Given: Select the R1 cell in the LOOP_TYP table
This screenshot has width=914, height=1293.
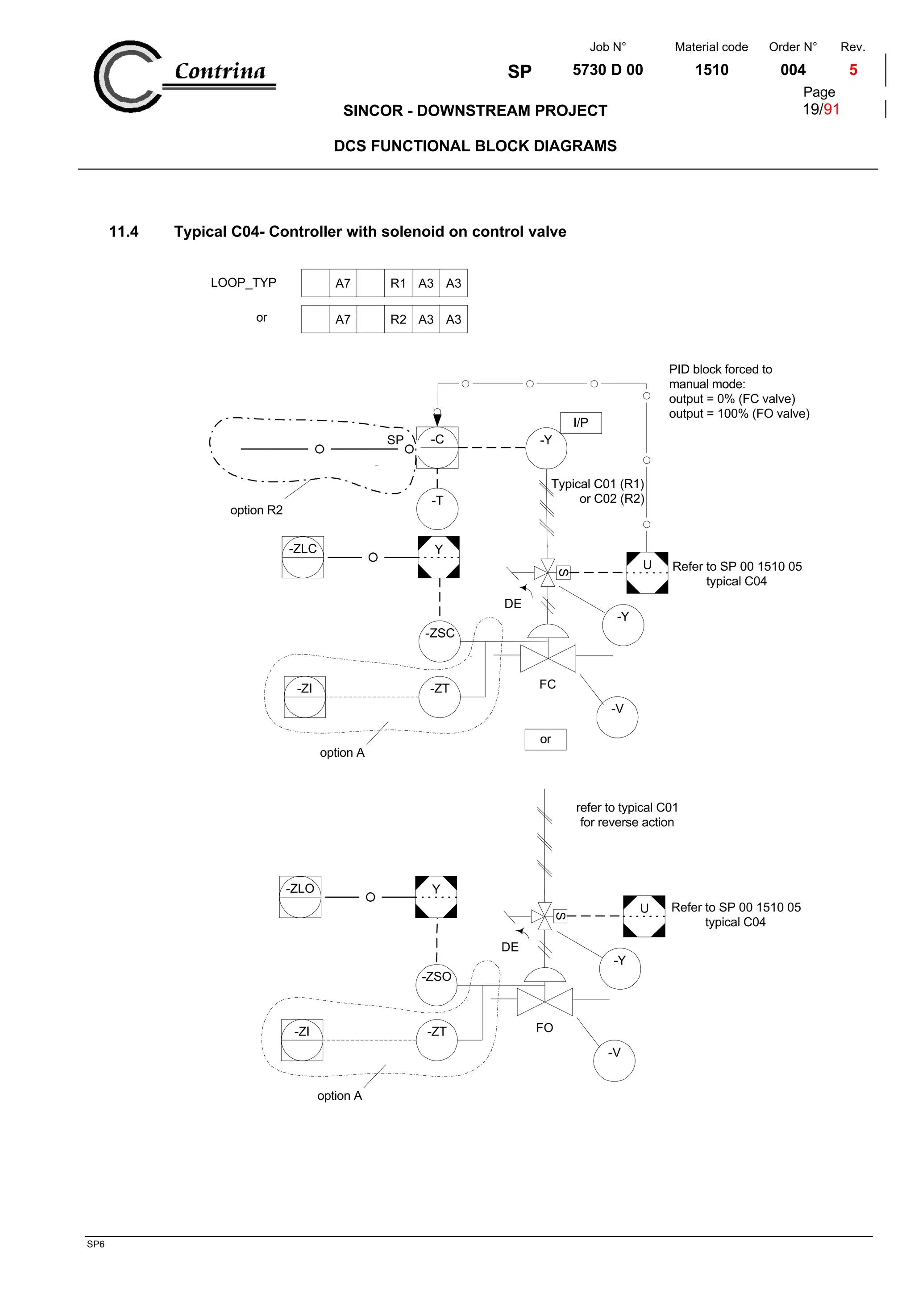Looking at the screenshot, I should coord(398,283).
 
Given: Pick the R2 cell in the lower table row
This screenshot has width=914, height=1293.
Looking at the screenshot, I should coord(398,319).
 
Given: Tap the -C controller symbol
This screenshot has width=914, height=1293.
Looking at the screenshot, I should coord(437,448).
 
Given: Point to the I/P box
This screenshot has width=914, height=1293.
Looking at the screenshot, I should coord(581,423).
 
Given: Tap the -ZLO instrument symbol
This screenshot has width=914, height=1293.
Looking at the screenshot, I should coord(300,896).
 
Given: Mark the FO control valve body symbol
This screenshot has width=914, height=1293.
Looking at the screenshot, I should coord(544,1002).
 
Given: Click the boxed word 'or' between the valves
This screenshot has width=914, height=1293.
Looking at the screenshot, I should coord(545,739).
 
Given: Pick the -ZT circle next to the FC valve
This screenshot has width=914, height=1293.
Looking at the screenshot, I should coord(439,696).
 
